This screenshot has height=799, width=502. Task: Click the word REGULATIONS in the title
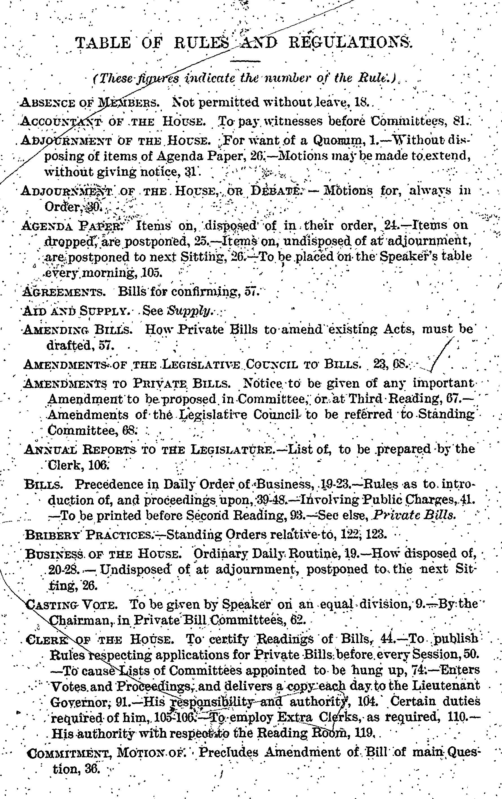[x=350, y=43]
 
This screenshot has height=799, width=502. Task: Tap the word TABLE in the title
[x=103, y=43]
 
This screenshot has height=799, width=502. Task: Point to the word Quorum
[x=339, y=140]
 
